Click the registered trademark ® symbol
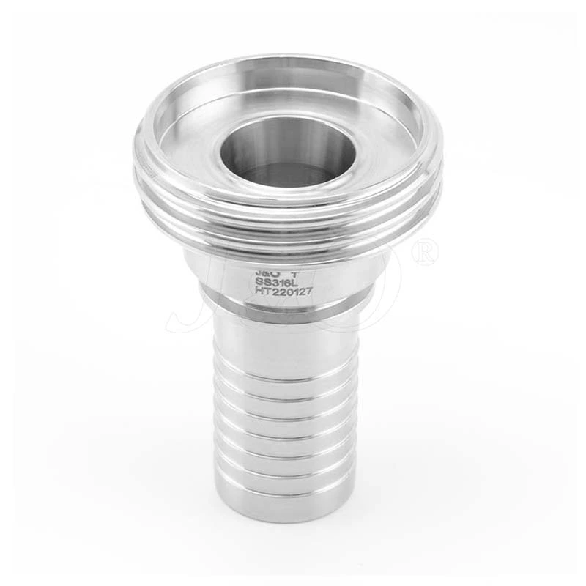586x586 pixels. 425,253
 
